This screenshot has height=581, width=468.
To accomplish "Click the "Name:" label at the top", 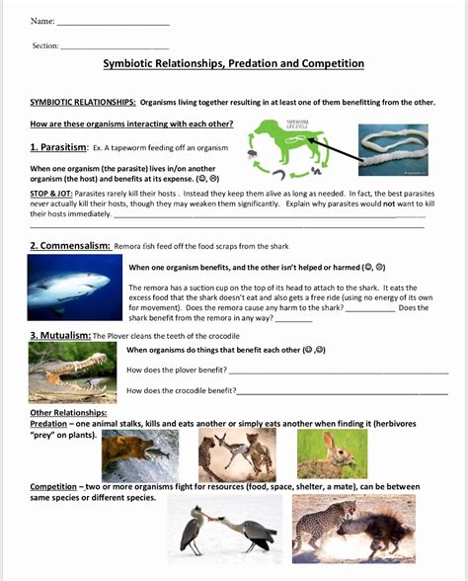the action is tap(42, 21).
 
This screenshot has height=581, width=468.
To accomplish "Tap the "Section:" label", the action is tap(45, 45).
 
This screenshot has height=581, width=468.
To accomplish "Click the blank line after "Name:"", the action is tap(114, 23).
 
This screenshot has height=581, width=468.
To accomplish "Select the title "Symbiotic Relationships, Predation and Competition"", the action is tap(234, 64).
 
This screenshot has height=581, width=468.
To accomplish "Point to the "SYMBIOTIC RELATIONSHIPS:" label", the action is tap(83, 102).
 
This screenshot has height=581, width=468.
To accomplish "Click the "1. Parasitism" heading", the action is tap(57, 147).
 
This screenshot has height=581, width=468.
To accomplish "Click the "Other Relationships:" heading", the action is tap(68, 412).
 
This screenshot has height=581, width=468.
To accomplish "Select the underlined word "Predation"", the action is tap(48, 423).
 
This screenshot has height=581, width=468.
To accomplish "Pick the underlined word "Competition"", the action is tap(53, 486).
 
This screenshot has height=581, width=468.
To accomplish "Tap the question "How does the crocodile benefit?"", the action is tap(182, 390).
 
